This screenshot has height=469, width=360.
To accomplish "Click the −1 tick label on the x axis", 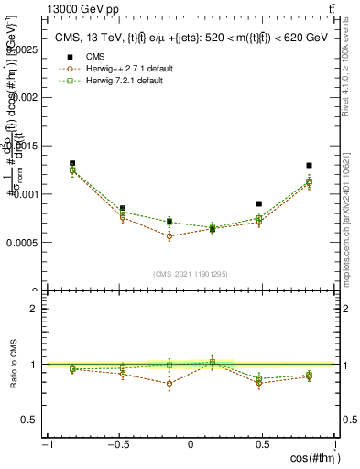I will pos(46,443).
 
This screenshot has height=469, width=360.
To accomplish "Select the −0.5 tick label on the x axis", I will pos(117,443).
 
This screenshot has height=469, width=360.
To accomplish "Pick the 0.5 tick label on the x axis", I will pos(263,443).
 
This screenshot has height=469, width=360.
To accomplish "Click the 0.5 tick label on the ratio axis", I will pos(29,420).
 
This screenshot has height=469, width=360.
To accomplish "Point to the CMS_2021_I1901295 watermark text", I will pos(191,274).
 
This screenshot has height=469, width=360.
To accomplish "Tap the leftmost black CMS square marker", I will pos(72,164).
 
